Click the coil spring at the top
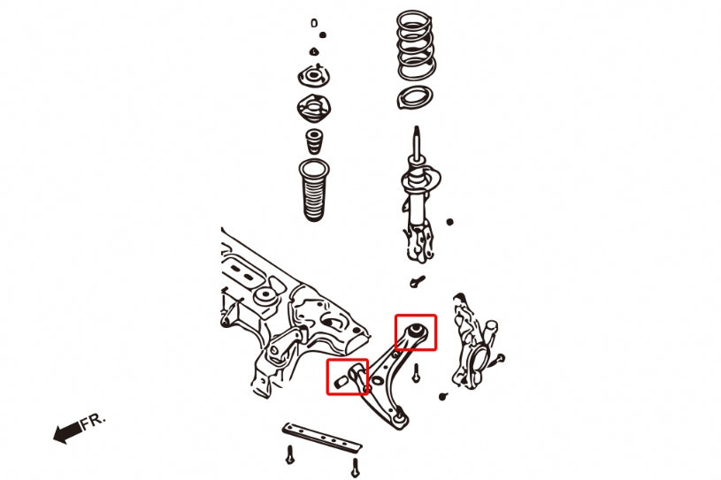pyautogui.click(x=416, y=46)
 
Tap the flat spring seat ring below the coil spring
pyautogui.click(x=414, y=98)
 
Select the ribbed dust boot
pyautogui.click(x=313, y=190)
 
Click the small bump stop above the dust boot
pyautogui.click(x=314, y=141)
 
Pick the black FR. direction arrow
pyautogui.click(x=67, y=432)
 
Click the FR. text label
pyautogui.click(x=94, y=421)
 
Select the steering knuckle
pyautogui.click(x=474, y=342)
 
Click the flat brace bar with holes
pyautogui.click(x=321, y=437)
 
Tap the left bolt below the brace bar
pyautogui.click(x=289, y=454)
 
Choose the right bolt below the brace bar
pyautogui.click(x=355, y=468)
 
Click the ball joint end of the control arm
pyautogui.click(x=400, y=420)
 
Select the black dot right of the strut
pyautogui.click(x=449, y=222)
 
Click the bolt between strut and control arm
pyautogui.click(x=417, y=280)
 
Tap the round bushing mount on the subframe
pyautogui.click(x=265, y=297)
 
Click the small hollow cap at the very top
pyautogui.click(x=314, y=23)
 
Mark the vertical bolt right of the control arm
pyautogui.click(x=416, y=372)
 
